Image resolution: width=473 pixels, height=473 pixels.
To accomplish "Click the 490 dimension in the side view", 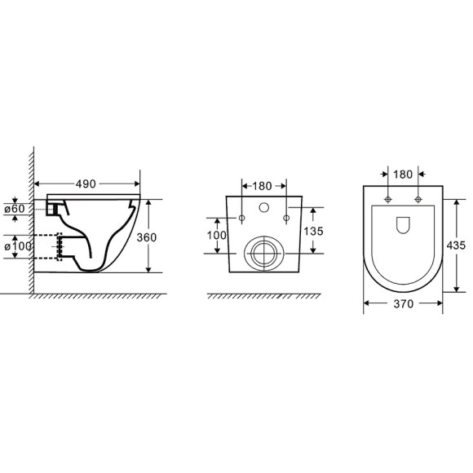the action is pos(86,183).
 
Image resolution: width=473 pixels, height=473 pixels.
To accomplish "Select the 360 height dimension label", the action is pos(147,237).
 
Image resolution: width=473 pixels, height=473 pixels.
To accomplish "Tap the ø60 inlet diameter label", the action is pos(15,209).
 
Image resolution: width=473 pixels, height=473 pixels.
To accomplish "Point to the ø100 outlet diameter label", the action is pos(18,246).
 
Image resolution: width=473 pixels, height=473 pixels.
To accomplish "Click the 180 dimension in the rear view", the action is pos(262,186).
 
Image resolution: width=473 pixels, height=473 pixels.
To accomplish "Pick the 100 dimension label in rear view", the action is pos(217,236).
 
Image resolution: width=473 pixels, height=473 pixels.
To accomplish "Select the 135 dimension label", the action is pos(313,232).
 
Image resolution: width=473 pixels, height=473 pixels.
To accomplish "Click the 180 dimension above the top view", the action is pos(403,175).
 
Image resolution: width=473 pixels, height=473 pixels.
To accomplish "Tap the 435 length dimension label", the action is pos(456,245).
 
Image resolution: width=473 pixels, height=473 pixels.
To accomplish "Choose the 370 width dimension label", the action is pos(404,303).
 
